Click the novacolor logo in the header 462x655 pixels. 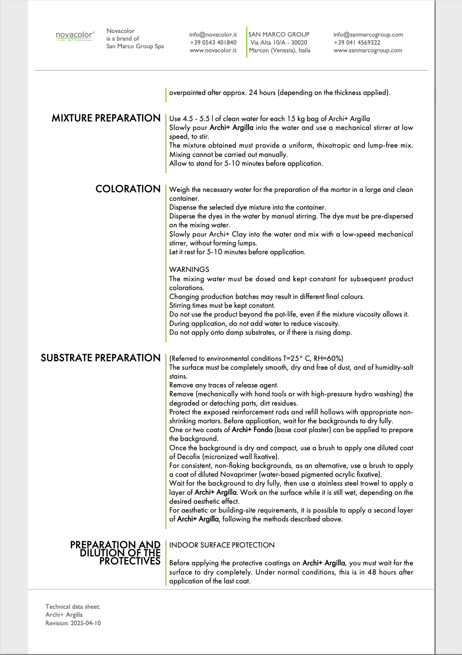pos(74,36)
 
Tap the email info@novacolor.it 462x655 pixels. pos(213,35)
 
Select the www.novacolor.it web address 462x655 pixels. pos(213,50)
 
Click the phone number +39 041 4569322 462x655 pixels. pos(357,42)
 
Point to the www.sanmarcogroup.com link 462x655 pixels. pos(367,50)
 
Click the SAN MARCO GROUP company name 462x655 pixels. pos(279,35)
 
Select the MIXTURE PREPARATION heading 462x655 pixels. pos(106,118)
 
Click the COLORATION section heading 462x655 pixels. pos(128,189)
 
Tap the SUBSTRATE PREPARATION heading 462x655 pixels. pos(101,358)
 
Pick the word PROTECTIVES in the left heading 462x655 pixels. pos(130,561)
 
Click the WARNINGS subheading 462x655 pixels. pos(189,270)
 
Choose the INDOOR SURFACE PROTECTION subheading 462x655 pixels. pos(222,545)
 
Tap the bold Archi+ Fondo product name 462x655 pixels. pos(252,430)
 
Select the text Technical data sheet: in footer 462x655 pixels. pos(73,607)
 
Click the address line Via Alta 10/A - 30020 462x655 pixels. pos(278,42)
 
